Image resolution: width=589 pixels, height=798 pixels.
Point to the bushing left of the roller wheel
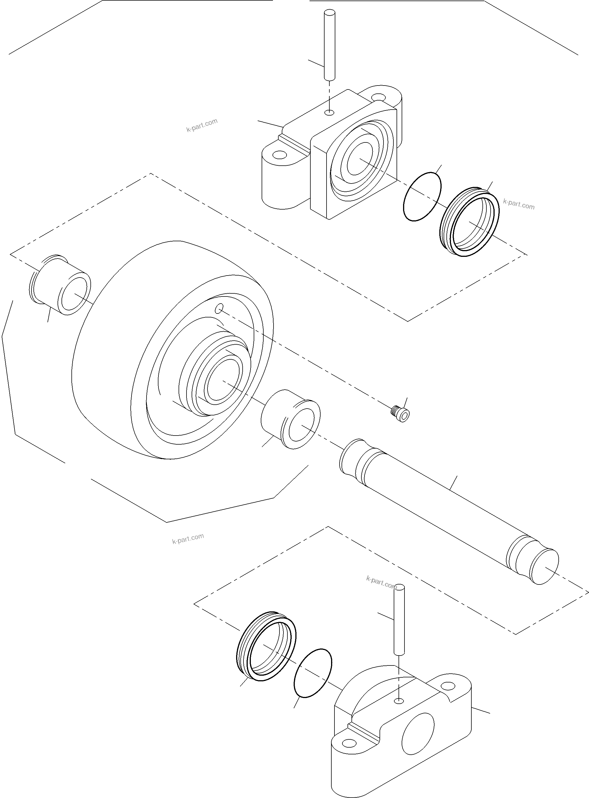(x=60, y=285)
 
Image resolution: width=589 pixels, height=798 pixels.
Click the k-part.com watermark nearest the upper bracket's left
(x=202, y=125)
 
